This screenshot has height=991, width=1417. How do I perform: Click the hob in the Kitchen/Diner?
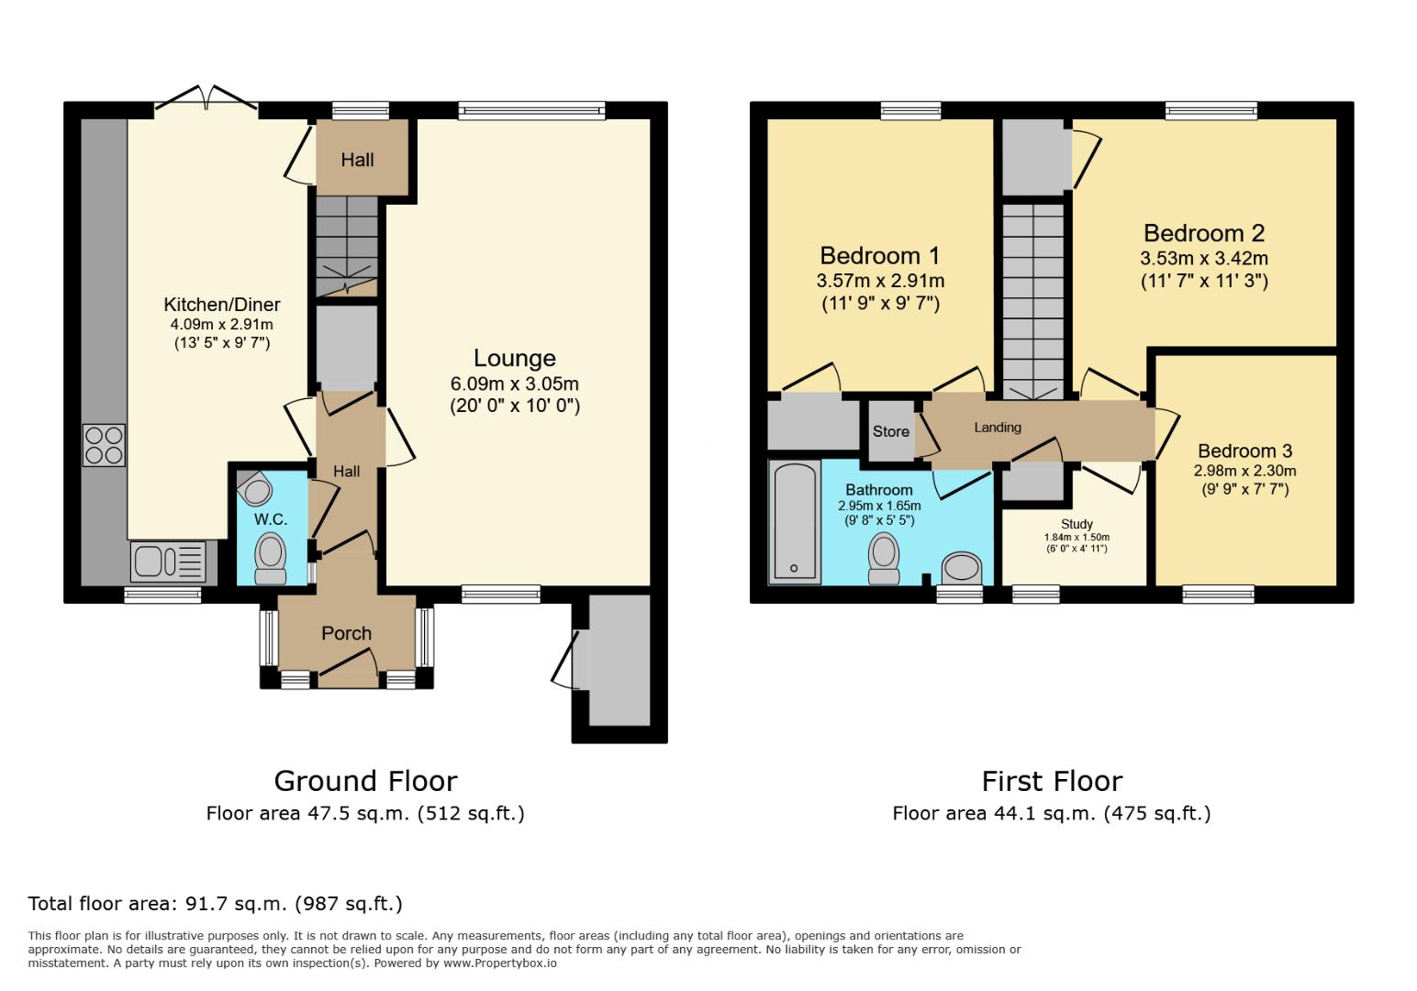104,445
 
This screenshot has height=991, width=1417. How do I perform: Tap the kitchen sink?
169,561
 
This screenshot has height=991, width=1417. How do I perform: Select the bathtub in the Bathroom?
795,523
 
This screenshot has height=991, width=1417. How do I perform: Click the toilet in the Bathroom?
884,560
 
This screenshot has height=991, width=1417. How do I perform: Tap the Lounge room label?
514,358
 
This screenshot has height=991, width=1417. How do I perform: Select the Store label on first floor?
890,431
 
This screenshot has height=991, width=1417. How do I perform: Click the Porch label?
346,633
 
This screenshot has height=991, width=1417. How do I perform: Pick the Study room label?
1077,524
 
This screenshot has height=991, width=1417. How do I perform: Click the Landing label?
998,428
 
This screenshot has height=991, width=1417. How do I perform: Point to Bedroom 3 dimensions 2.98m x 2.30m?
1244,471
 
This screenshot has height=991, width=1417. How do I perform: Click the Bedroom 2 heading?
1204,233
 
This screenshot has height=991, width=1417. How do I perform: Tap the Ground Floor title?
365,781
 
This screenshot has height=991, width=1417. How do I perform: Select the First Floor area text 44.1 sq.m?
1051,813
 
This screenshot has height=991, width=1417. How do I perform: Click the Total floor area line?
215,904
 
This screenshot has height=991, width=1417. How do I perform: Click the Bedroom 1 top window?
910,111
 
